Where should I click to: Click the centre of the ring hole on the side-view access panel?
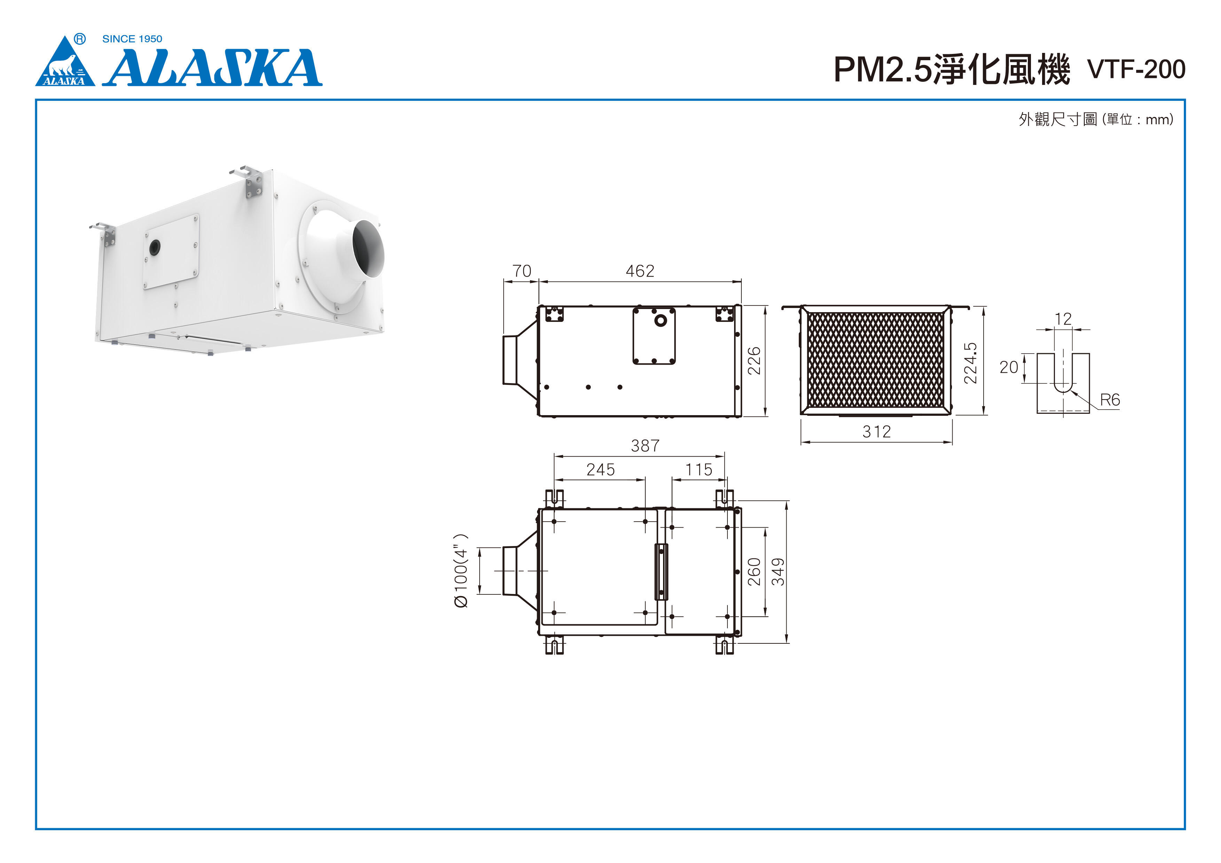point(661,320)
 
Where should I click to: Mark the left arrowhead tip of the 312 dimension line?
point(802,442)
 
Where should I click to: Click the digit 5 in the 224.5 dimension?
point(970,348)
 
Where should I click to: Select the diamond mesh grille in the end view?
point(876,360)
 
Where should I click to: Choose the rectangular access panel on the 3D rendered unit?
point(171,252)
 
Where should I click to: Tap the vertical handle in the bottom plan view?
point(661,572)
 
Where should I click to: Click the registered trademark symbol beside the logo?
point(80,39)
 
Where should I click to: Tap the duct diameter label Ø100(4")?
point(460,571)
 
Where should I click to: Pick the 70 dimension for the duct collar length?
point(522,271)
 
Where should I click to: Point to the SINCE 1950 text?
point(132,39)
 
